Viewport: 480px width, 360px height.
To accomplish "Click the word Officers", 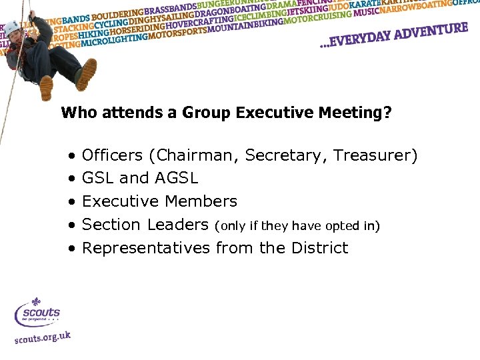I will [x=112, y=156].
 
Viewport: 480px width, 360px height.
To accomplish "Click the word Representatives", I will [x=146, y=248].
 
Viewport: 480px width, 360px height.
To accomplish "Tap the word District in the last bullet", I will [x=319, y=248].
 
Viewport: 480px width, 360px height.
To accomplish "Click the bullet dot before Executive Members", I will [x=71, y=202].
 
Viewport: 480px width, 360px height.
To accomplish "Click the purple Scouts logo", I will [x=39, y=313].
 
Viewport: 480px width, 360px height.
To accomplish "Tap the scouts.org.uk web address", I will [x=43, y=338].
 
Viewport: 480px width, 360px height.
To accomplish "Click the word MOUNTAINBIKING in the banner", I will [x=245, y=27].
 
